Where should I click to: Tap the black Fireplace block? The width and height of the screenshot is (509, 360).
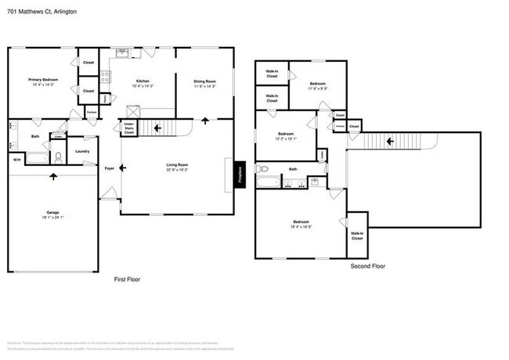click(240, 175)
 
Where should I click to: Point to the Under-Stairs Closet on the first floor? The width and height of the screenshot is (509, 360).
click(129, 128)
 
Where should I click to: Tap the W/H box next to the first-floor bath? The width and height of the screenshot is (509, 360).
click(16, 160)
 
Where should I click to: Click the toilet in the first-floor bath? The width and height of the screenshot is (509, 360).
click(58, 157)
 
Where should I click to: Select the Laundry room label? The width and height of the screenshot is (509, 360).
click(81, 151)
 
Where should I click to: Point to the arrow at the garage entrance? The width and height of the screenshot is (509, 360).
click(53, 176)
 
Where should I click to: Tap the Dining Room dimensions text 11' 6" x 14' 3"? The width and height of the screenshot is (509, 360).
click(204, 86)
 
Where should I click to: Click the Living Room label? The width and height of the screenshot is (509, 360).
click(177, 164)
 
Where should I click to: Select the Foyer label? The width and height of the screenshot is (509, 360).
click(110, 168)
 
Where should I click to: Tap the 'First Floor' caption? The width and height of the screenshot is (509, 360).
click(127, 279)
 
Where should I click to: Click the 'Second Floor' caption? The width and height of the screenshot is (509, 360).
click(367, 266)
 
